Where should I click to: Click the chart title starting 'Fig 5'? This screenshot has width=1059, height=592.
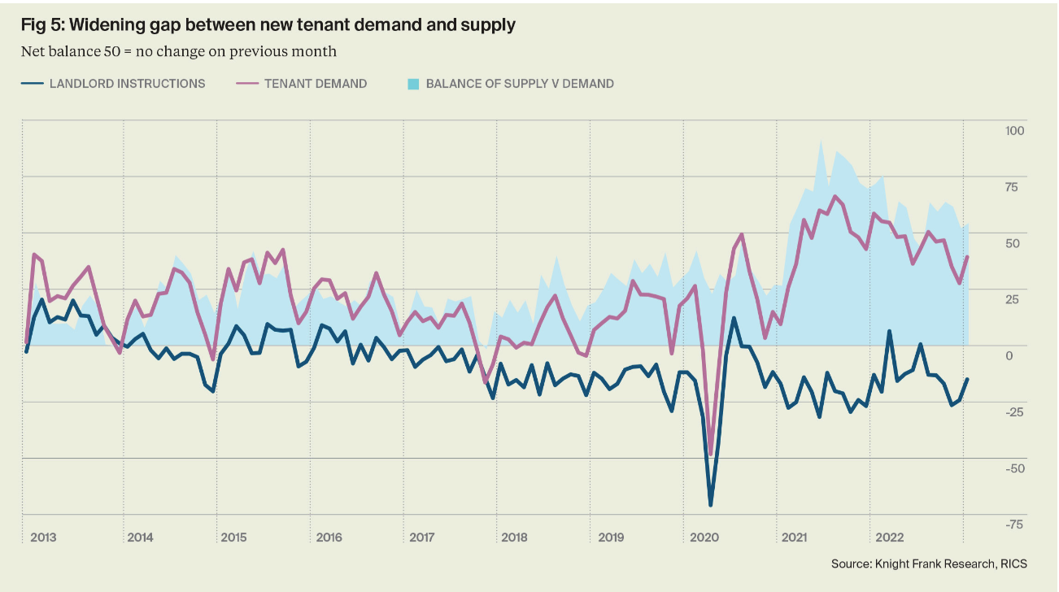[268, 25]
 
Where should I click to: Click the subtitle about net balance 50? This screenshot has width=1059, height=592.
[179, 51]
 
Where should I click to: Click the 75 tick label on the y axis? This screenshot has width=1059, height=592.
[1011, 188]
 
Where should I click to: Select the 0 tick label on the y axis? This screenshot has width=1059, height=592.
[1011, 355]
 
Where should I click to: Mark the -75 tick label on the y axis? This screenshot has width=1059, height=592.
[1013, 525]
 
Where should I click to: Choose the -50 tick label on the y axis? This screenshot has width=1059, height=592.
[1013, 468]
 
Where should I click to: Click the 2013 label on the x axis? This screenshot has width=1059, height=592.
[43, 538]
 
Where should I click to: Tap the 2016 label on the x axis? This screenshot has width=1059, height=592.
[329, 538]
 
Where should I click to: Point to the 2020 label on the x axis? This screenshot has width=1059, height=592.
[704, 538]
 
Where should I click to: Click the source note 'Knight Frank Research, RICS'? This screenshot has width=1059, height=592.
[939, 564]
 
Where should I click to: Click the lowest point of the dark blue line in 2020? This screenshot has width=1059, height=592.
[710, 505]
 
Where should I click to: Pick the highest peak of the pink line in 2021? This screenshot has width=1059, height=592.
[835, 196]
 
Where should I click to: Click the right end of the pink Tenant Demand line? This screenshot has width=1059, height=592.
[967, 257]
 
